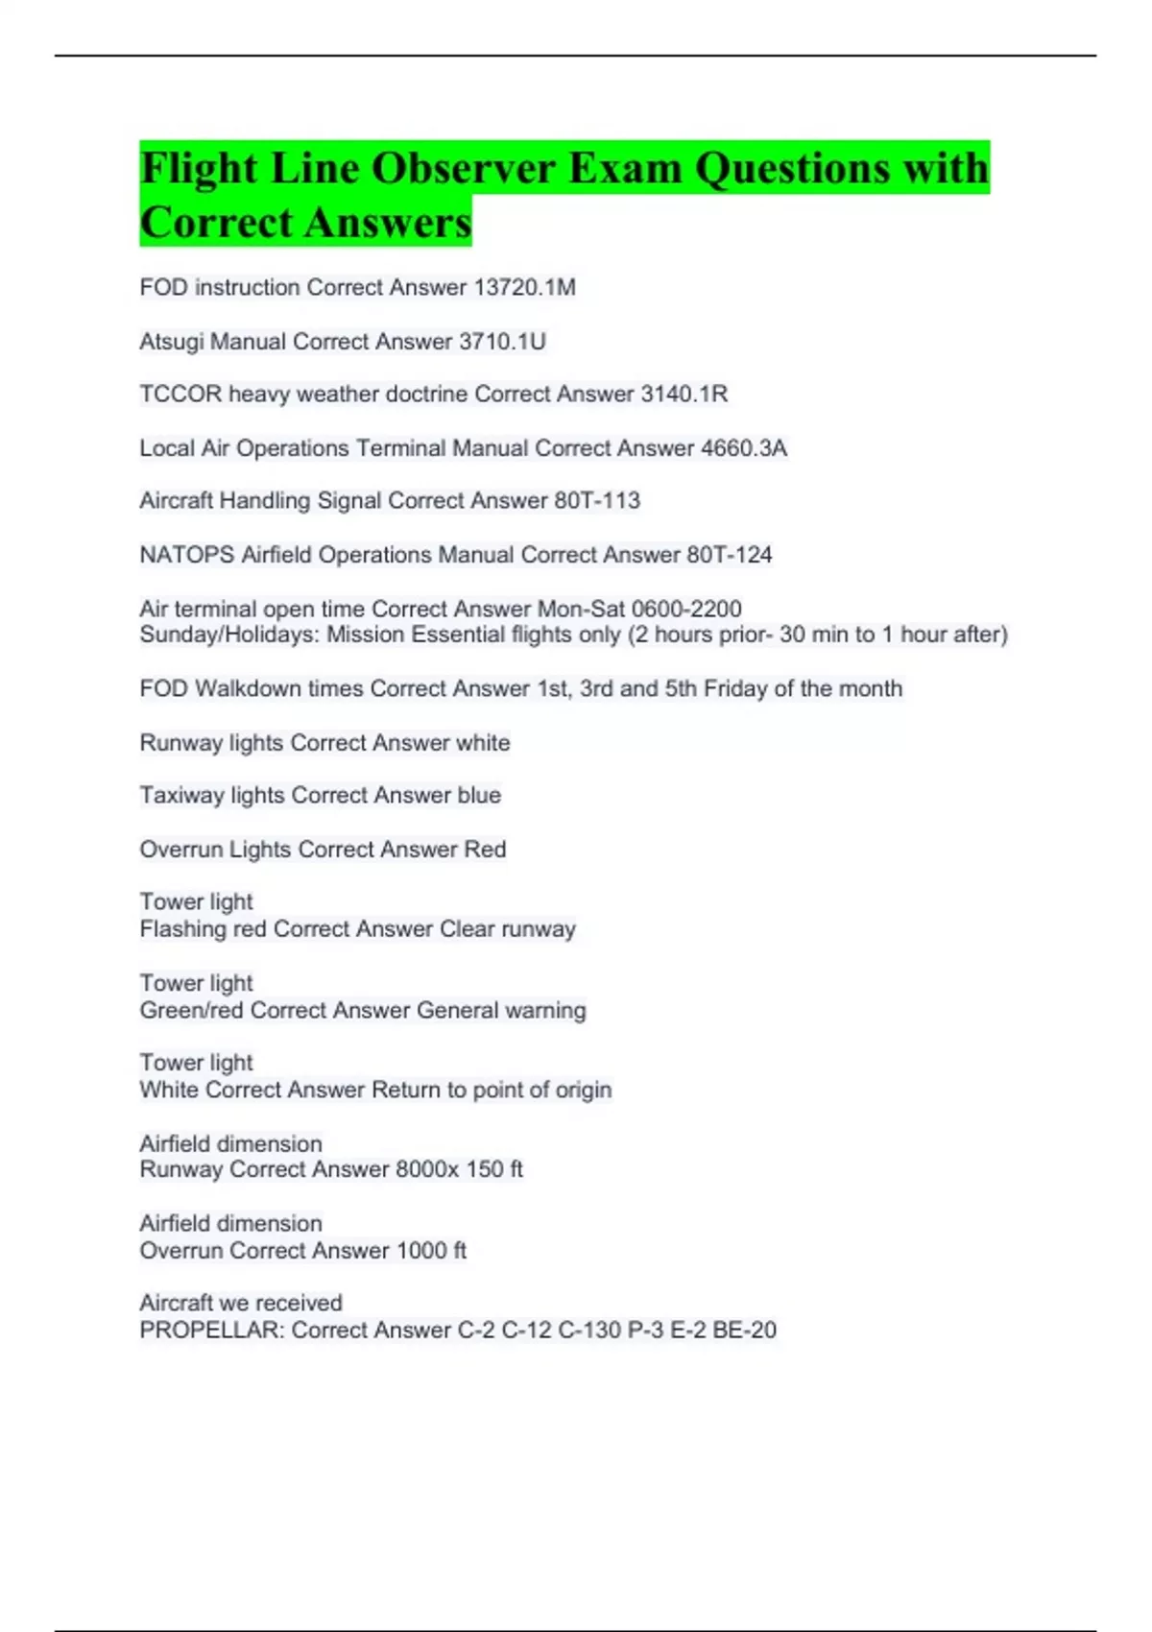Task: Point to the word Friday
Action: pos(736,688)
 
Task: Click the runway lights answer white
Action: pos(483,742)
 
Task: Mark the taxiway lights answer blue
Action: pos(479,795)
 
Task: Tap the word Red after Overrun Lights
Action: pos(485,849)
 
